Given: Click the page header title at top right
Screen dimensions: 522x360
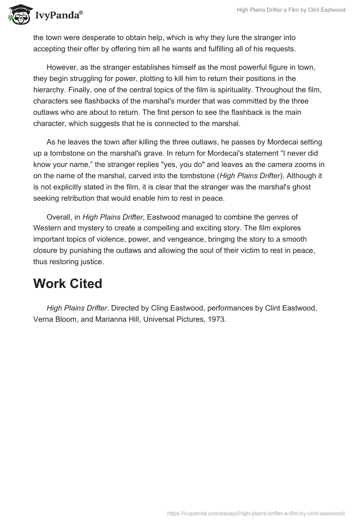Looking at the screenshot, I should [291, 10].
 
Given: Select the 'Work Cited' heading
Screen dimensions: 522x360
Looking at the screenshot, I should [67, 283].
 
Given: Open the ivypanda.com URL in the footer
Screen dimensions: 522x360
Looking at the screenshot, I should [256, 513].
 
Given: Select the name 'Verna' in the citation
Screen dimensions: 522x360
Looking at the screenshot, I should [43, 319].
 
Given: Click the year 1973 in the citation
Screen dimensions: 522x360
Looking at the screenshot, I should [216, 319].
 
